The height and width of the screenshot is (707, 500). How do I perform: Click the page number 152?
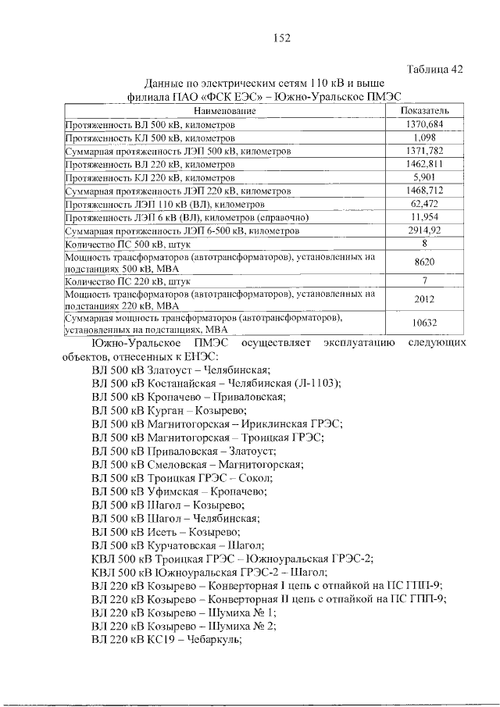coord(282,38)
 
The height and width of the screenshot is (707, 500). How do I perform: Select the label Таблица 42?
coord(436,69)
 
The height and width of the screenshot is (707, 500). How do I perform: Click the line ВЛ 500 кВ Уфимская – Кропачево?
coord(179,491)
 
